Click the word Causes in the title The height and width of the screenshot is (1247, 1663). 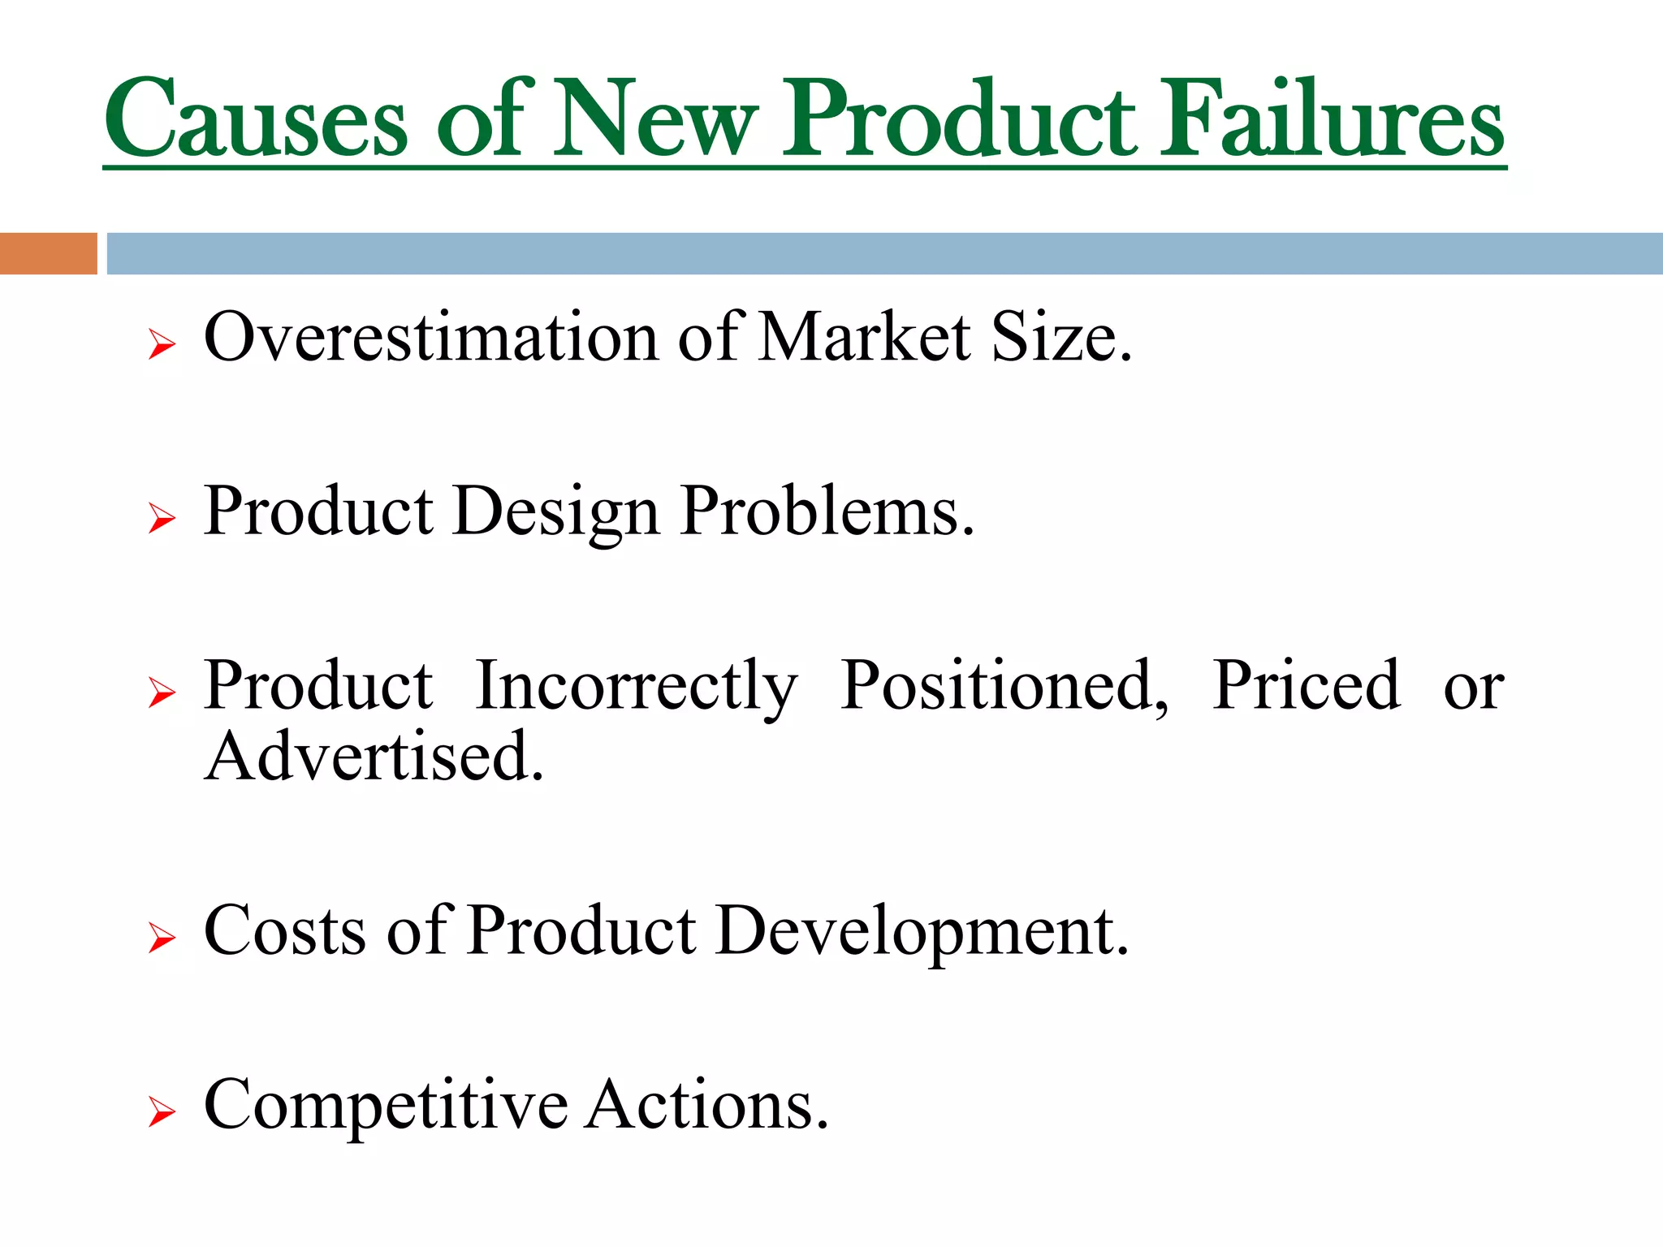click(256, 119)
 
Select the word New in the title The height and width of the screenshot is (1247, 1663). click(654, 119)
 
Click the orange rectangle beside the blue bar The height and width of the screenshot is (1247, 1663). click(48, 253)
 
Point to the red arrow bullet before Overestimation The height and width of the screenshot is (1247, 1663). click(162, 344)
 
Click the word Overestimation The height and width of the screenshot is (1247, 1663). click(430, 337)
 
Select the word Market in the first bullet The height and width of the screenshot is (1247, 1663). click(864, 337)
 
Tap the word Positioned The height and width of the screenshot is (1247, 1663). click(1004, 686)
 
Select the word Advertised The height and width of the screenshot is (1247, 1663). click(374, 757)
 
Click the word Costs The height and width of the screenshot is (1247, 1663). click(284, 930)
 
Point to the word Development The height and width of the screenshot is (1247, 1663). click(922, 932)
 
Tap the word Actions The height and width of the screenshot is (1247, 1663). click(706, 1106)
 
